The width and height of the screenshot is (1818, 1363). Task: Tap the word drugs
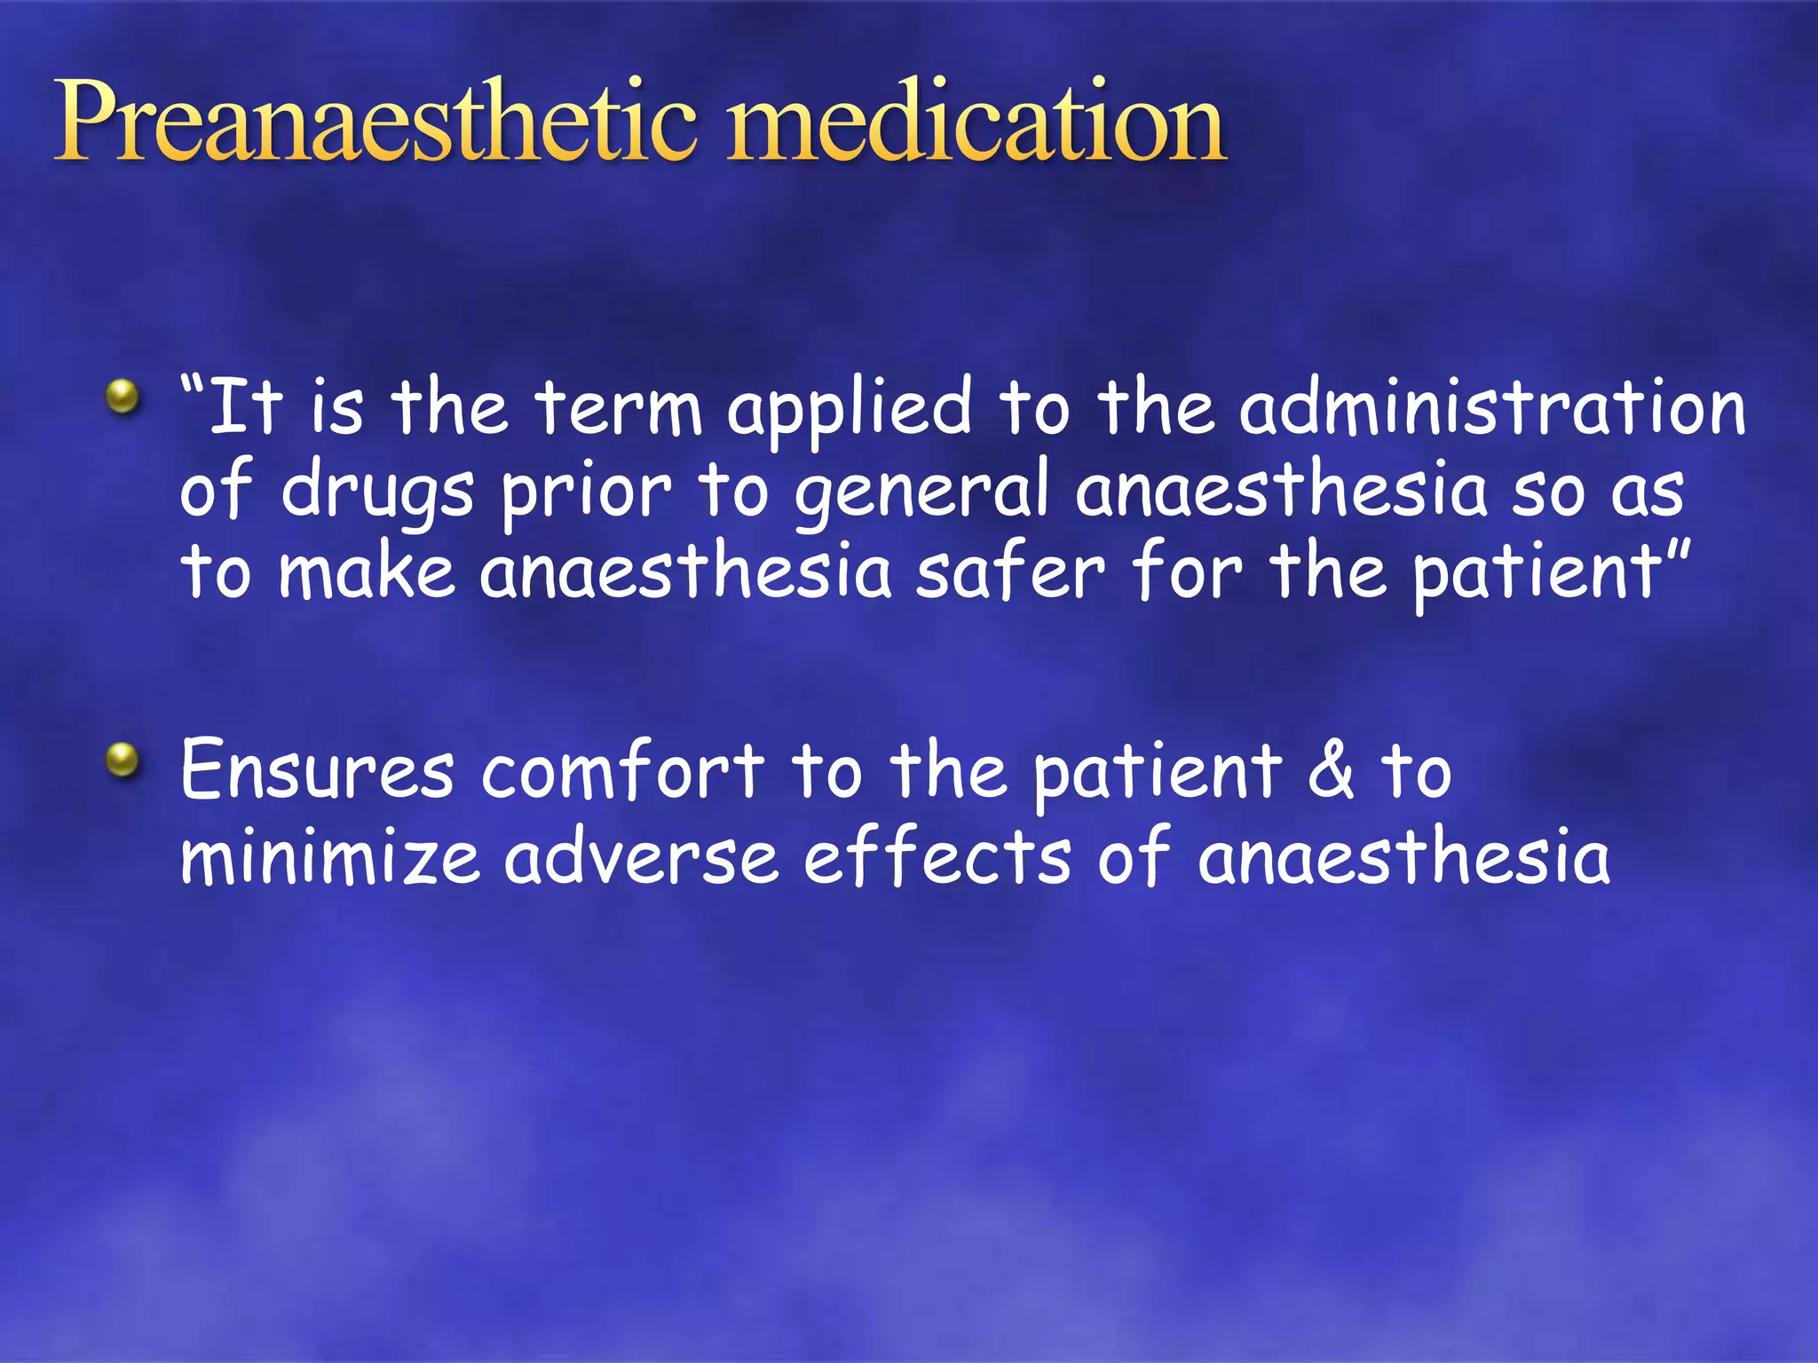377,492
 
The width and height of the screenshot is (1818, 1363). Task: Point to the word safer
1010,572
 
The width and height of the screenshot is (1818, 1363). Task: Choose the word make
367,572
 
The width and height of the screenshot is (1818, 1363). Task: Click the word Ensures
317,770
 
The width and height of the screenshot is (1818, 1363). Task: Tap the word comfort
622,770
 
